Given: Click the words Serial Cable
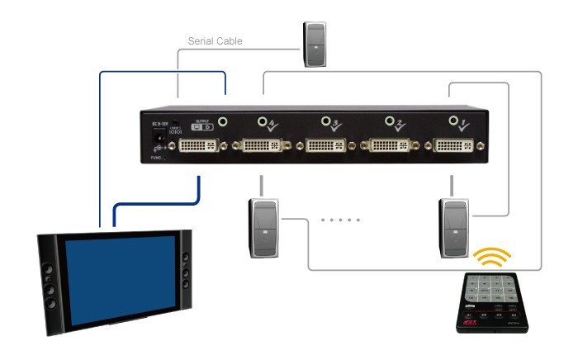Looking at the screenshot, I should (214, 40).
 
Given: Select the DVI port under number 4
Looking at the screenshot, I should (262, 146).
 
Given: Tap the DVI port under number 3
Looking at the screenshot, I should (328, 146).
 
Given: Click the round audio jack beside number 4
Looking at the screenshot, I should (263, 122).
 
